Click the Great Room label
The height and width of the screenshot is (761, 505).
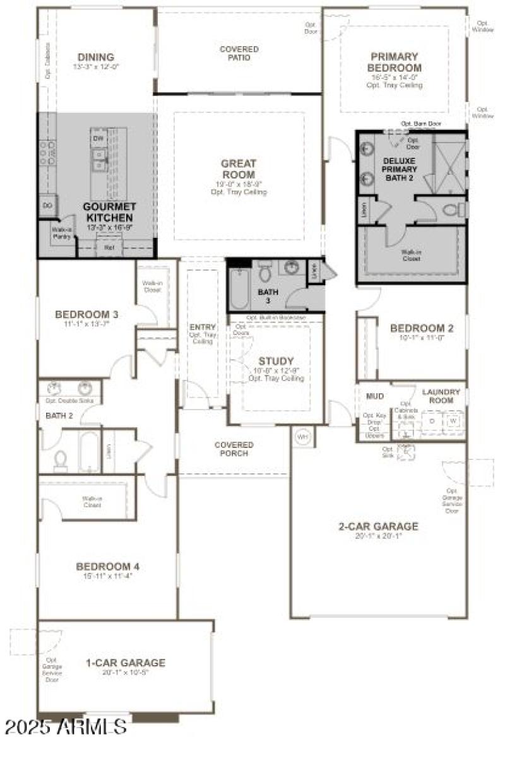coord(239,169)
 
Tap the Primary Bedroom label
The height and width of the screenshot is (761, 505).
coord(396,62)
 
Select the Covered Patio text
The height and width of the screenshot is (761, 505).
coord(239,53)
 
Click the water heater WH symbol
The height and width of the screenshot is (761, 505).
coord(302,437)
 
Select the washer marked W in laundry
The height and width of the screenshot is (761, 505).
coord(453,421)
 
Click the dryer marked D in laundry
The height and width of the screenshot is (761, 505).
coord(432,421)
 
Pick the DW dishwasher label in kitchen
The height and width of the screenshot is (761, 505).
coord(98,138)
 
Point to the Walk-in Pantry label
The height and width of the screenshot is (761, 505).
coord(61,233)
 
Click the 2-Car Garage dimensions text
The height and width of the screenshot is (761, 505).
coord(379,535)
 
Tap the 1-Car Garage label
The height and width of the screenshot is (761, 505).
coord(126,663)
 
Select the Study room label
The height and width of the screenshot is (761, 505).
coord(276,361)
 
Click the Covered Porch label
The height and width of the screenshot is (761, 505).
coord(234,449)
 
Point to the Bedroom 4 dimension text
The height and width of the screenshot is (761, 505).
coord(107,575)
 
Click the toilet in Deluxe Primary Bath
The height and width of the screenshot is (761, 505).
coord(453,209)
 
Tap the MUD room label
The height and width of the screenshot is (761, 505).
coord(375,396)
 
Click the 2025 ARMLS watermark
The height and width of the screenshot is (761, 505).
coord(66,726)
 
